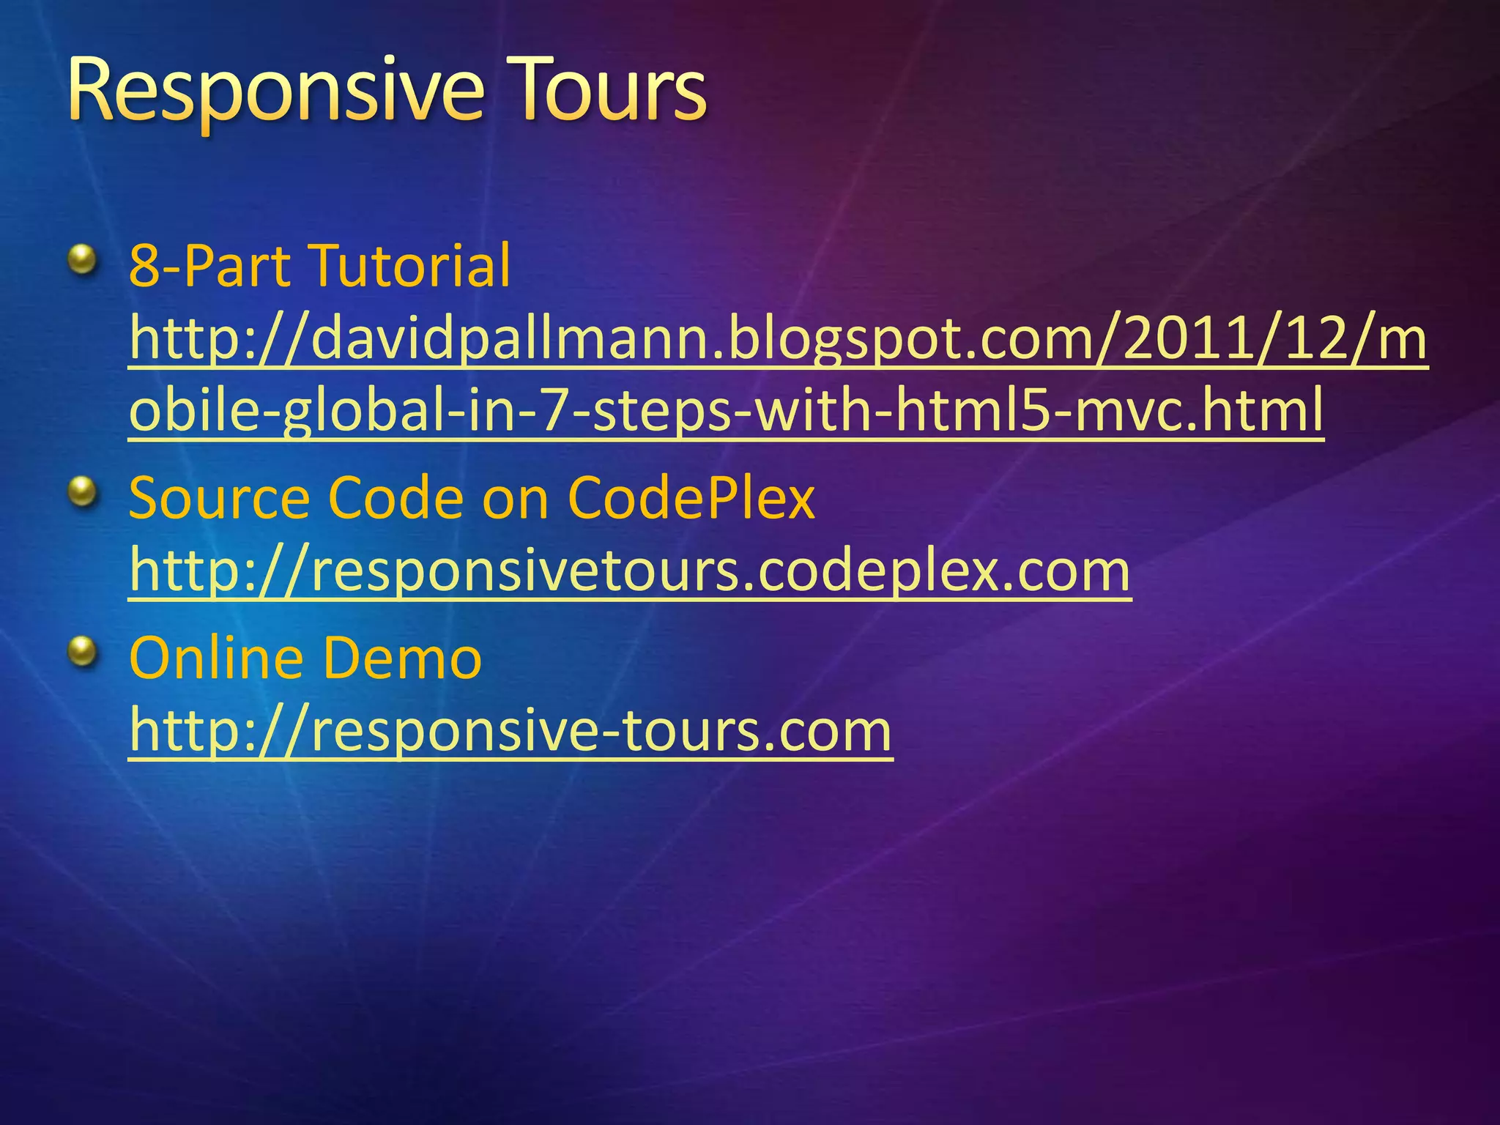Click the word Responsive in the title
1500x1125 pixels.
tap(275, 92)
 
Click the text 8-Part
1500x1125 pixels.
tap(209, 265)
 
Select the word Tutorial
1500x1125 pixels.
tap(409, 265)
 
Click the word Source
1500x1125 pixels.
tap(220, 498)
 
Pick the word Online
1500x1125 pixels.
tap(215, 658)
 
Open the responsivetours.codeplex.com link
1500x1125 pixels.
tap(630, 571)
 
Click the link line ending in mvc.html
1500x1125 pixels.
tap(726, 410)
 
